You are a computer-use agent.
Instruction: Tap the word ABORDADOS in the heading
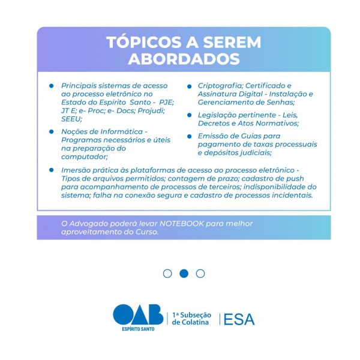pos(184,60)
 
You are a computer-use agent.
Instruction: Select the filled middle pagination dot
pos(184,274)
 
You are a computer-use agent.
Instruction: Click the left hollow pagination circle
pos(167,274)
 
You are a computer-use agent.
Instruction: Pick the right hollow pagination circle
pos(200,274)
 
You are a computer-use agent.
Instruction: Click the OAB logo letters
pos(137,315)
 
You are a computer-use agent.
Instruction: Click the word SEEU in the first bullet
pos(71,119)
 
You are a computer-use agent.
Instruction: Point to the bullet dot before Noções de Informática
pos(52,131)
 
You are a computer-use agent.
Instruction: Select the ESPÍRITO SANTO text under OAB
pos(137,329)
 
